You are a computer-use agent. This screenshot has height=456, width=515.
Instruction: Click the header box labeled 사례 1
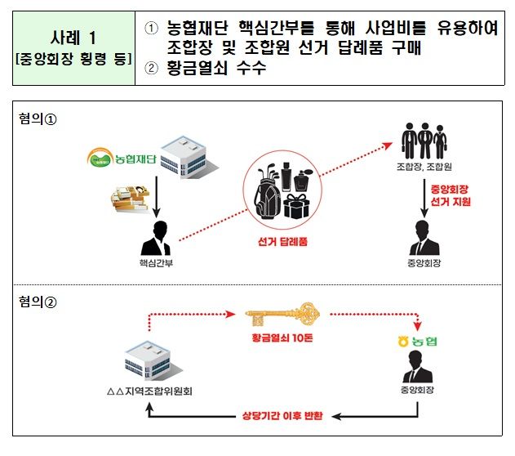(74, 48)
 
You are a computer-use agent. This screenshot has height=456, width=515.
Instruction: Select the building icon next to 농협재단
(179, 155)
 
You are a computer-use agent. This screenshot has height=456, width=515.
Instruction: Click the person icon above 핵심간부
(155, 238)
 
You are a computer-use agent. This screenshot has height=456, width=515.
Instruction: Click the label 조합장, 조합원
(424, 172)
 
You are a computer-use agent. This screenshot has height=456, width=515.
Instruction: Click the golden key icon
(281, 311)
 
